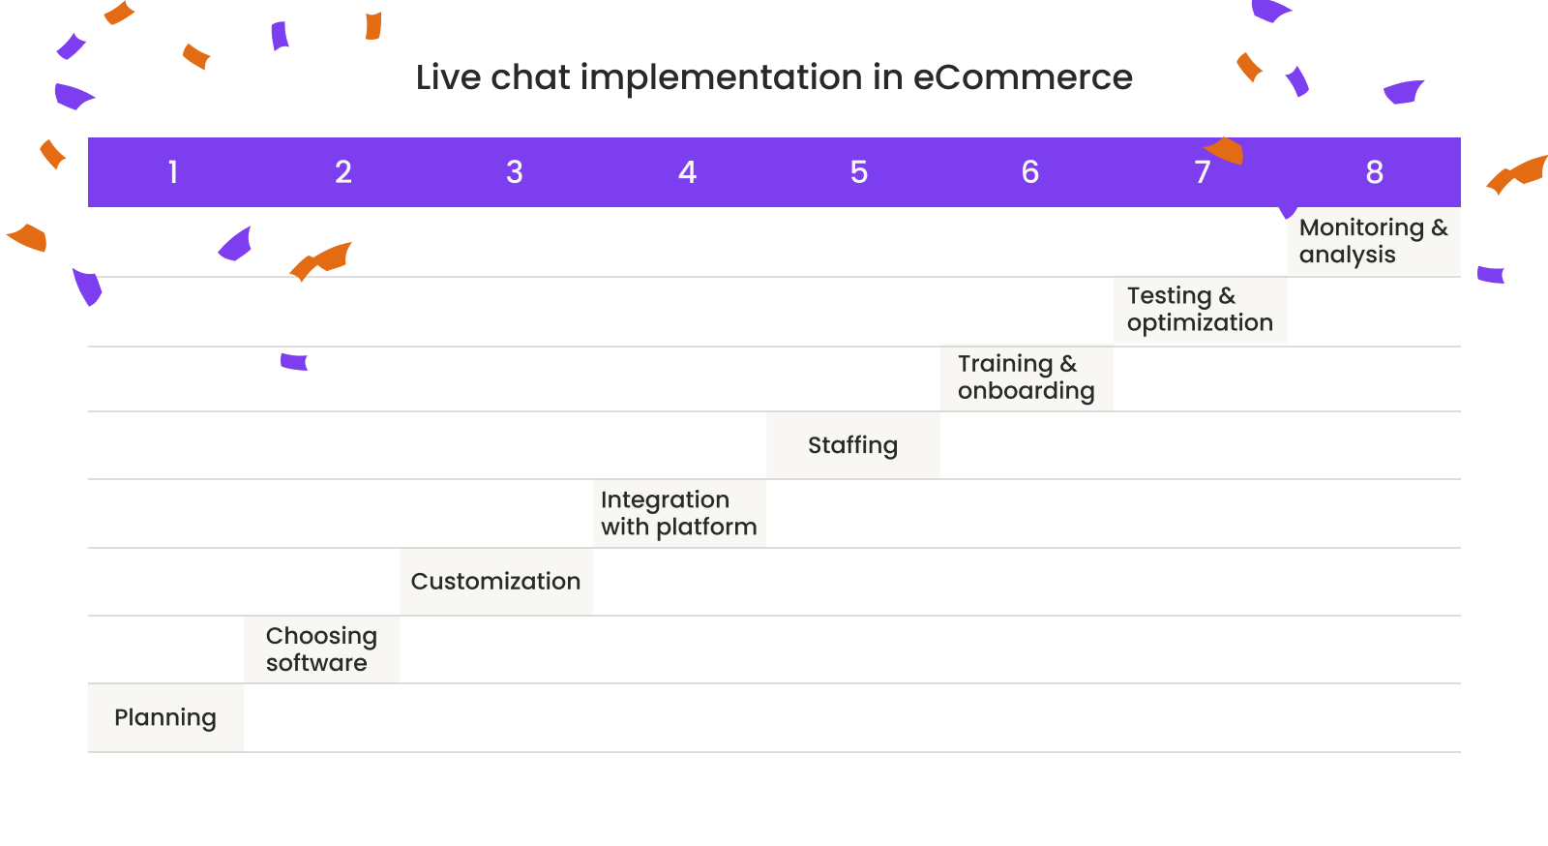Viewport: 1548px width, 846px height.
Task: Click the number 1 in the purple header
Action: click(x=173, y=172)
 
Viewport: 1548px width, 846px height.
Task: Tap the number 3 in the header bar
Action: click(x=515, y=172)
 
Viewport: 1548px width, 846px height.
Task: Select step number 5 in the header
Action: click(x=859, y=172)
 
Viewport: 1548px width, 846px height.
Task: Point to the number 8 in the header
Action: click(x=1374, y=172)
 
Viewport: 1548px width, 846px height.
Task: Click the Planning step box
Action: click(x=165, y=717)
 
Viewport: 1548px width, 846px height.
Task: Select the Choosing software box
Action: click(x=321, y=650)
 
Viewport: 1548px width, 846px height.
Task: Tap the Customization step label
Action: click(x=495, y=581)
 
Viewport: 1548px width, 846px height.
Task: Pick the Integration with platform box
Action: click(x=678, y=513)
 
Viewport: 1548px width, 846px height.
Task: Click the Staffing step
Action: click(x=852, y=445)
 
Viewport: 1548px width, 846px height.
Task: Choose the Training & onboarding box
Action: click(x=1026, y=378)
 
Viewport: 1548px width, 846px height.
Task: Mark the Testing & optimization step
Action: click(x=1200, y=310)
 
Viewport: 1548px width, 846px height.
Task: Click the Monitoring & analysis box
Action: click(x=1373, y=241)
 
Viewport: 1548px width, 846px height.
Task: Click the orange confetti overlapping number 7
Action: click(x=1227, y=150)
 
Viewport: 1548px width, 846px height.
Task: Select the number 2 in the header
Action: click(x=343, y=172)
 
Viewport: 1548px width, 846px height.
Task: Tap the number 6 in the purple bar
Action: click(x=1030, y=172)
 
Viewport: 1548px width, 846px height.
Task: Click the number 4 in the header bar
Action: click(x=687, y=172)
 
